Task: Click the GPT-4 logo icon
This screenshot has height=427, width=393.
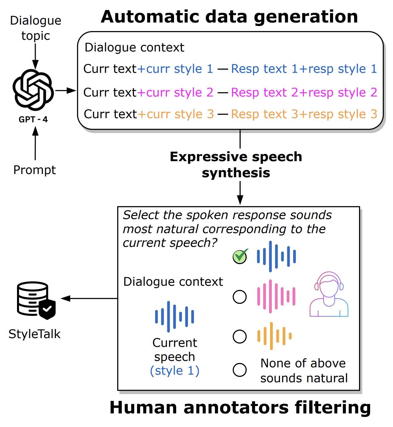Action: (33, 90)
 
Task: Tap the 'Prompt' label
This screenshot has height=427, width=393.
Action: (35, 170)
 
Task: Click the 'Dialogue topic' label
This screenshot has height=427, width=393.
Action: (36, 28)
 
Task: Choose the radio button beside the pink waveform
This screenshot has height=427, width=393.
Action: (240, 297)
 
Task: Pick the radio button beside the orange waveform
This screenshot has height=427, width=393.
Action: (240, 337)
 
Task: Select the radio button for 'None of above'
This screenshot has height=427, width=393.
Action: (240, 370)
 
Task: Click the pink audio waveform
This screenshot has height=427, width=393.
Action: (276, 296)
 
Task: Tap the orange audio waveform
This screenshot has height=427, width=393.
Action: (274, 336)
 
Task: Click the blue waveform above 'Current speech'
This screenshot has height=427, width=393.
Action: (175, 317)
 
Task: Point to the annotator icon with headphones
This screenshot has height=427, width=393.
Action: (329, 294)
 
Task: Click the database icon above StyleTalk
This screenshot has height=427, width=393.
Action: (36, 300)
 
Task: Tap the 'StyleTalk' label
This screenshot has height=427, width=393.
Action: (35, 334)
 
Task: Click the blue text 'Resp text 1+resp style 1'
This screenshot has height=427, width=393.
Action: (304, 69)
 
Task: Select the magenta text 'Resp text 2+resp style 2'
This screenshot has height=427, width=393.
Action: (304, 92)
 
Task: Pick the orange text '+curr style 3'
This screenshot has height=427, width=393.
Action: (176, 114)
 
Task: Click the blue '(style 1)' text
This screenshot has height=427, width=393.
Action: (175, 371)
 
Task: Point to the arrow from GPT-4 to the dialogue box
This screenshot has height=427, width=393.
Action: (66, 90)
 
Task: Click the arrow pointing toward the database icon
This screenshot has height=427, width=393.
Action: (89, 298)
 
